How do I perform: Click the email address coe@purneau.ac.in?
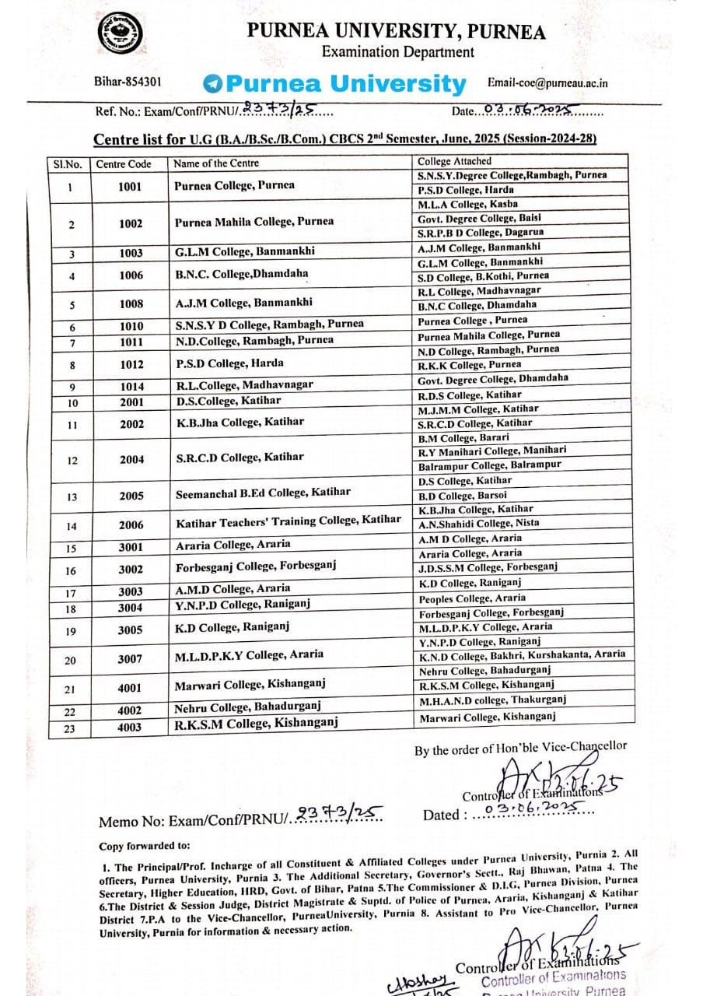(547, 82)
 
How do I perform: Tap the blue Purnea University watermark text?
(334, 83)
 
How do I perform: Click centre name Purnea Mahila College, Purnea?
(254, 222)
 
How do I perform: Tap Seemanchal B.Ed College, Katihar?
(262, 492)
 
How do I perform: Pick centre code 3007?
(130, 659)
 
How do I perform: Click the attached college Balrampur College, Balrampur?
(490, 465)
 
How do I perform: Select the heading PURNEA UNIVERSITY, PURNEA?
(396, 31)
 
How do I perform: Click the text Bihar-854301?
(128, 81)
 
